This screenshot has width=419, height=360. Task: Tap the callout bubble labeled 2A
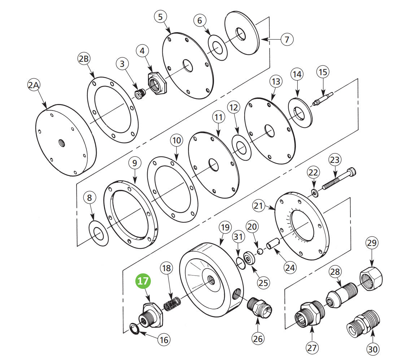34,85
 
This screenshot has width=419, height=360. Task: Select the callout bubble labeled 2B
84,59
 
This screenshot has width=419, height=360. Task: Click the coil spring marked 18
172,303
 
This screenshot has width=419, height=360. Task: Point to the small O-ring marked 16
135,329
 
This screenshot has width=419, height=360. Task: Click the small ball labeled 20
259,251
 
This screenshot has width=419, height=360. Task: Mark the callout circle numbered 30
373,349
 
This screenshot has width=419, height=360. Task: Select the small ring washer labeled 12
241,147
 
